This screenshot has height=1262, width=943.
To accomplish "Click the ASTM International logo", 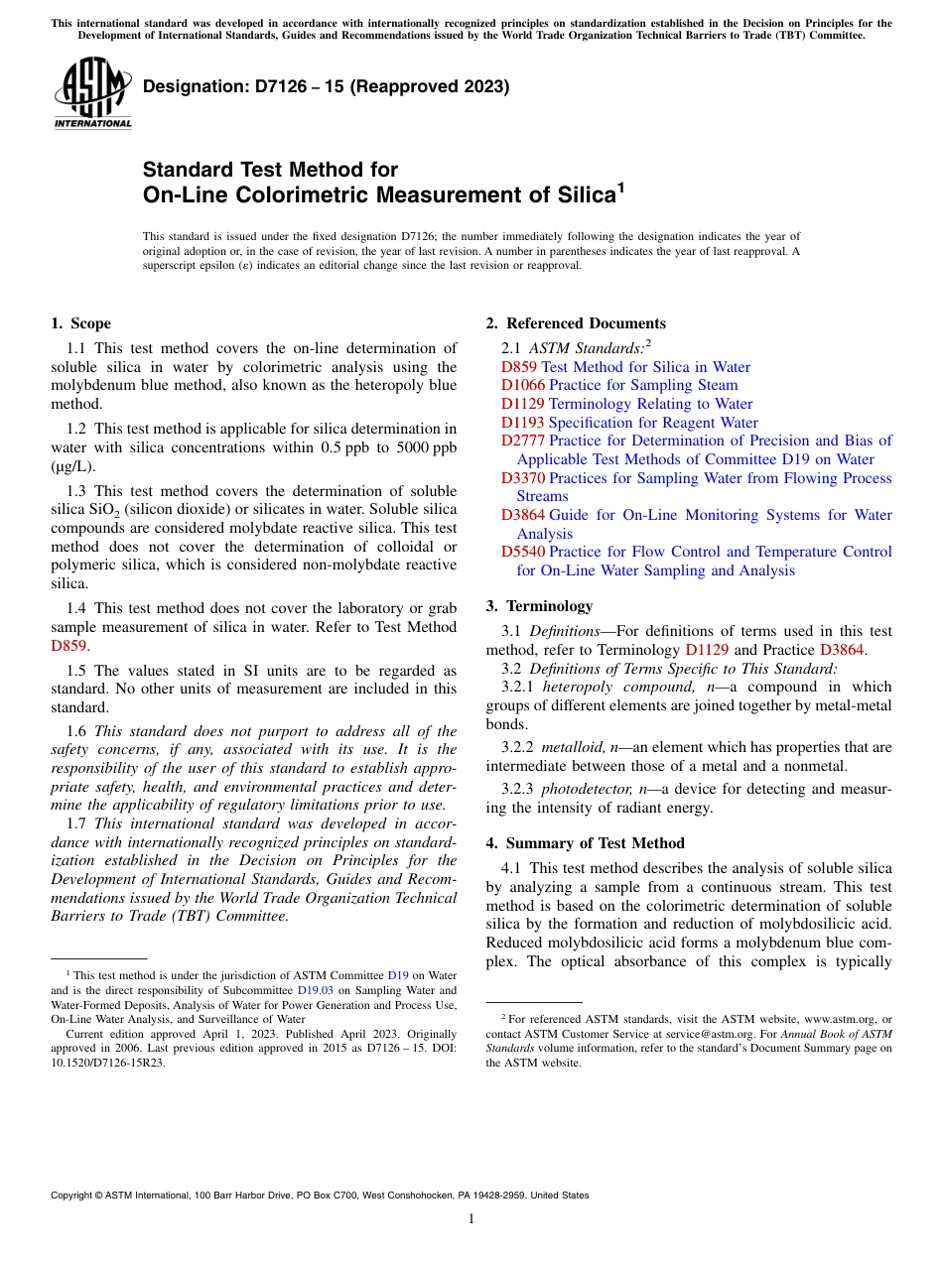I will [93, 92].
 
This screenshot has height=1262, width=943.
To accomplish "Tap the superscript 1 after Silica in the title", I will [621, 186].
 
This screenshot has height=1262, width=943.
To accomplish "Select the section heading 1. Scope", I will [80, 323].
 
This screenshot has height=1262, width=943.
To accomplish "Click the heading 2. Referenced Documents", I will [576, 323].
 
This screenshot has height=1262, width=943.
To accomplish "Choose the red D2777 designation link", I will [523, 441].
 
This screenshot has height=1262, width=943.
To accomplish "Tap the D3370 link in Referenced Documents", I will [523, 478].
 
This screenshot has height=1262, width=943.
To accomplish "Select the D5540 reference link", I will [523, 552].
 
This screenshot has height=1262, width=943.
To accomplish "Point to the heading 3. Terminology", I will [539, 606].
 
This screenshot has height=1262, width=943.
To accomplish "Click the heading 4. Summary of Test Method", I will [585, 843].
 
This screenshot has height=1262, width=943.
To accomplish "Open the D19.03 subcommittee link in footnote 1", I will [315, 990].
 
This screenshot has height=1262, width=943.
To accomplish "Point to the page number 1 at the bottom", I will [471, 1219].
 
